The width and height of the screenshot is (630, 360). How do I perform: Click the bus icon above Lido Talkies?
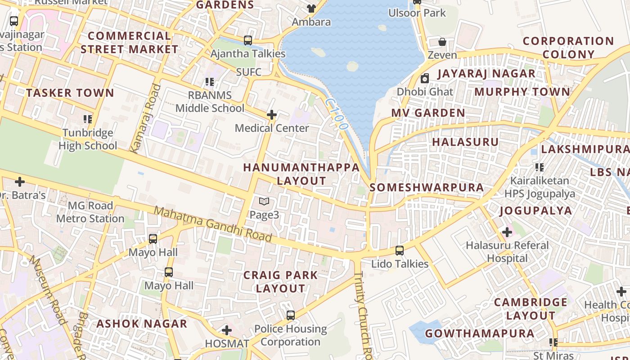pyautogui.click(x=399, y=251)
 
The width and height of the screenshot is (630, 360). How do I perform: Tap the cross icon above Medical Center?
pyautogui.click(x=271, y=115)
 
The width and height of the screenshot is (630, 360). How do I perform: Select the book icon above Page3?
pyautogui.click(x=264, y=202)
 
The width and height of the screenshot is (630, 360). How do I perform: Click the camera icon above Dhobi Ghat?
pyautogui.click(x=424, y=79)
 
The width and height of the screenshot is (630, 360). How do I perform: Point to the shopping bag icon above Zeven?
pyautogui.click(x=442, y=42)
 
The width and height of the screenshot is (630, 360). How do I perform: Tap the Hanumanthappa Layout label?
pyautogui.click(x=301, y=174)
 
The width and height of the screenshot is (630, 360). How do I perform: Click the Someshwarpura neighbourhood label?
pyautogui.click(x=426, y=187)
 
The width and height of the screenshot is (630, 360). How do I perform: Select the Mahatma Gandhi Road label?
pyautogui.click(x=213, y=224)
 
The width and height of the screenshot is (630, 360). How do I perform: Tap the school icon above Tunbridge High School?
pyautogui.click(x=88, y=119)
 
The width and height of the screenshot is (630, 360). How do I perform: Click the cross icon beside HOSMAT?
pyautogui.click(x=227, y=331)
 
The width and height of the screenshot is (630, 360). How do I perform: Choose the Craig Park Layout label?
pyautogui.click(x=280, y=281)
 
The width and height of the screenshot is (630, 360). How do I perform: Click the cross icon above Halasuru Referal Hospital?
pyautogui.click(x=507, y=232)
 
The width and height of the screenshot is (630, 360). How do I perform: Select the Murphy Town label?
pyautogui.click(x=522, y=92)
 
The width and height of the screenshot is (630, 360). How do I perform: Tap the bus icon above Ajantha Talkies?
pyautogui.click(x=248, y=40)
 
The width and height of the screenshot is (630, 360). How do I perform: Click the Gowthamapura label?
pyautogui.click(x=480, y=333)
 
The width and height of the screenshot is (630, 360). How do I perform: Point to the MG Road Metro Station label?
pyautogui.click(x=90, y=212)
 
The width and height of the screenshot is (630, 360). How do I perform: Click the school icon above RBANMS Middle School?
pyautogui.click(x=210, y=82)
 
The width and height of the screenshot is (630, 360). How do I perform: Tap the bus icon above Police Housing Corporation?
pyautogui.click(x=291, y=315)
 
